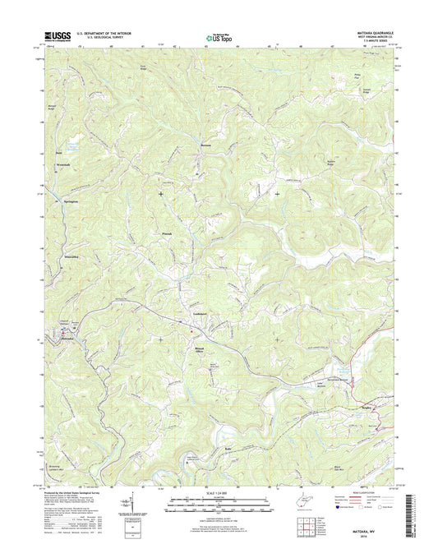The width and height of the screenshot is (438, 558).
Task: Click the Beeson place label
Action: point(196,144)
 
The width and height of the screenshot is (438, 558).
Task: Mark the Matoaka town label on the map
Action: point(67,338)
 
